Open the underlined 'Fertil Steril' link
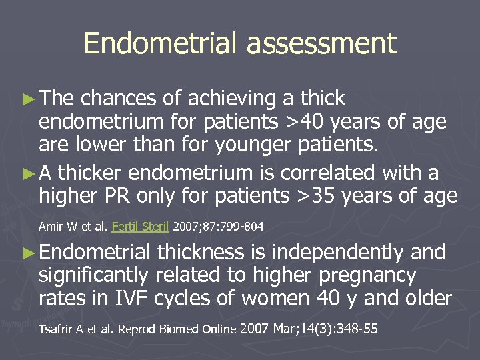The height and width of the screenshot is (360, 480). (141, 227)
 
